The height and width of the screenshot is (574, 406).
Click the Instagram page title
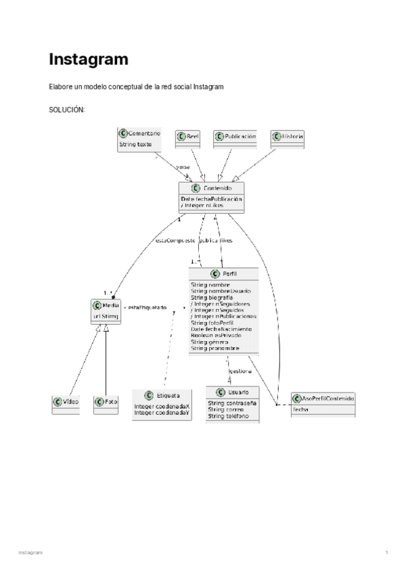pyautogui.click(x=88, y=60)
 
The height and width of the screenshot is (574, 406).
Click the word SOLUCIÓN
pyautogui.click(x=66, y=110)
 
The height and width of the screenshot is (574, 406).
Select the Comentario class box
pyautogui.click(x=139, y=139)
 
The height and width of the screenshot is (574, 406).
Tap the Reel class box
pyautogui.click(x=188, y=137)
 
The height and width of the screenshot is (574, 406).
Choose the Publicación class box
pyautogui.click(x=235, y=137)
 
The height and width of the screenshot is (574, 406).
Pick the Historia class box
pyautogui.click(x=288, y=137)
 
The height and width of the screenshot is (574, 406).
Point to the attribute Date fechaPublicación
pyautogui.click(x=211, y=199)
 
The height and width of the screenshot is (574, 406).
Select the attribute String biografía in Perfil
pyautogui.click(x=212, y=297)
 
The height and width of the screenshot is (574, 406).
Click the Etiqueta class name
pyautogui.click(x=168, y=395)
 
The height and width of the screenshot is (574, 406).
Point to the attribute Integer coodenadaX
pyautogui.click(x=162, y=407)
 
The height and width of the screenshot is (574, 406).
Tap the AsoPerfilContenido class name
pyautogui.click(x=328, y=398)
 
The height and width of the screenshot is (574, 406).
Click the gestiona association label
pyautogui.click(x=241, y=371)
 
